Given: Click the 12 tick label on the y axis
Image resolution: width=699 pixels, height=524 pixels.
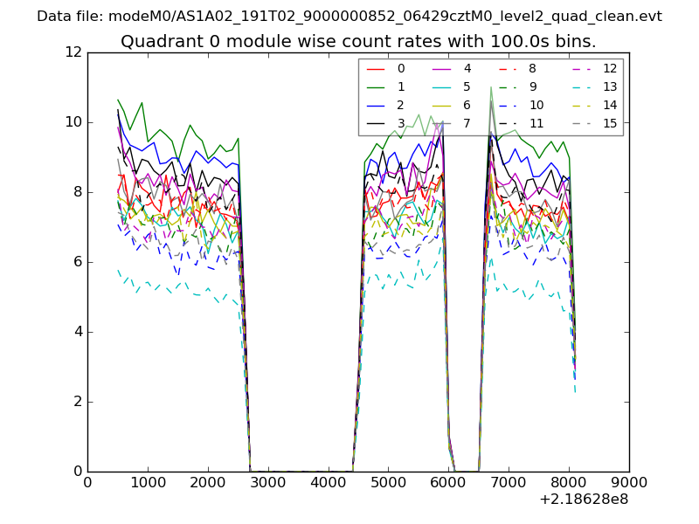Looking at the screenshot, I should point(73,52).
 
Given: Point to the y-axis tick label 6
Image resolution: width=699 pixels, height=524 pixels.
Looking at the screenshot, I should point(77,262).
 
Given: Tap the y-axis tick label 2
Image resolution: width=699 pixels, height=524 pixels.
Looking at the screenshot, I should point(77,402).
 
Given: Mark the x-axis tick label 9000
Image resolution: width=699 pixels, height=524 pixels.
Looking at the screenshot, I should point(629,481).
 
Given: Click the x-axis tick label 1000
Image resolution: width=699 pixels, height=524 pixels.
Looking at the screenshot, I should point(148,481).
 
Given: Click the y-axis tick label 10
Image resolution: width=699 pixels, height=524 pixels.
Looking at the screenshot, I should point(73,122).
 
